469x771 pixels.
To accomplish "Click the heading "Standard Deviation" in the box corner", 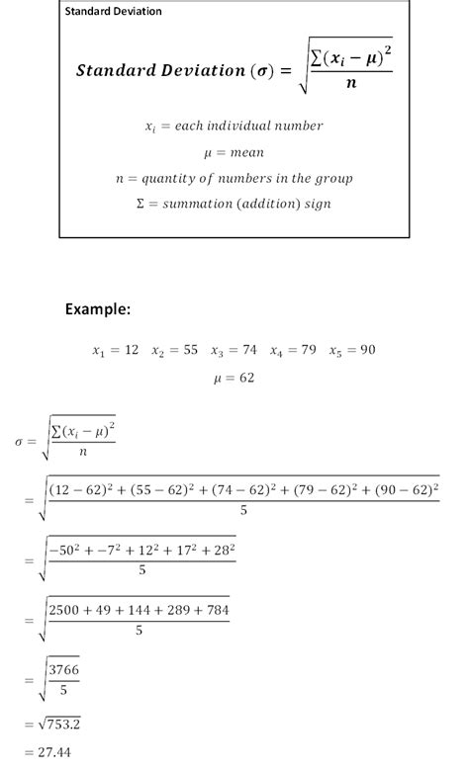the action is click(113, 12).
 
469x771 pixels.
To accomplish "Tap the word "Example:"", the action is click(98, 309).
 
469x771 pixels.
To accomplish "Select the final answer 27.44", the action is click(57, 754).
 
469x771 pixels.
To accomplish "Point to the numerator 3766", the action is click(65, 669).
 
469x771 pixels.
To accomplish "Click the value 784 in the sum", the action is click(215, 610).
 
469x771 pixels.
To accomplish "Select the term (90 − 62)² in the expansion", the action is click(401, 489).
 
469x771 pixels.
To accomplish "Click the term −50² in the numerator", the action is click(65, 550).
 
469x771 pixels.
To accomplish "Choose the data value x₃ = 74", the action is click(234, 351).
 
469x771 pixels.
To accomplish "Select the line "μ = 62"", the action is click(234, 378).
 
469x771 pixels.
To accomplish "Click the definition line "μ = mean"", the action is click(234, 152).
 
